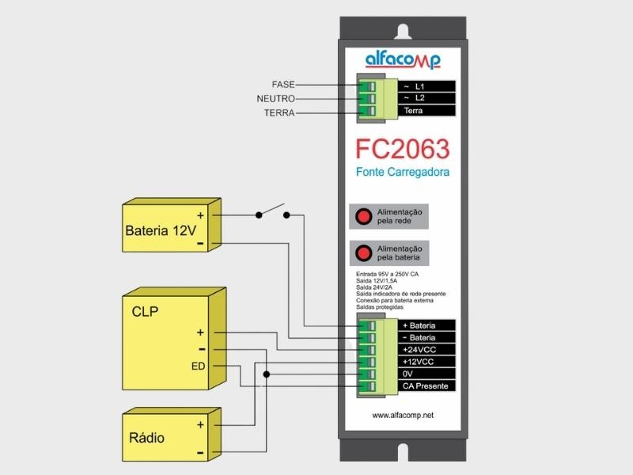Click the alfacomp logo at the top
(403, 59)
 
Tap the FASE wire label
(283, 85)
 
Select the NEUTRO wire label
(276, 99)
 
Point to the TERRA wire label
(279, 113)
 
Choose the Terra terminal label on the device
(414, 111)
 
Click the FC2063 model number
(402, 150)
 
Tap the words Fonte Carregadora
(402, 172)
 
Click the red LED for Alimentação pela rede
(363, 216)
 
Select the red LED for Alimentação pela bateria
(363, 253)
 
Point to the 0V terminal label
(408, 374)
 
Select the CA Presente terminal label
(426, 386)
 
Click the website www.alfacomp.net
(403, 415)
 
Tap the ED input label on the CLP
(198, 367)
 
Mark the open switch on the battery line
(271, 212)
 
